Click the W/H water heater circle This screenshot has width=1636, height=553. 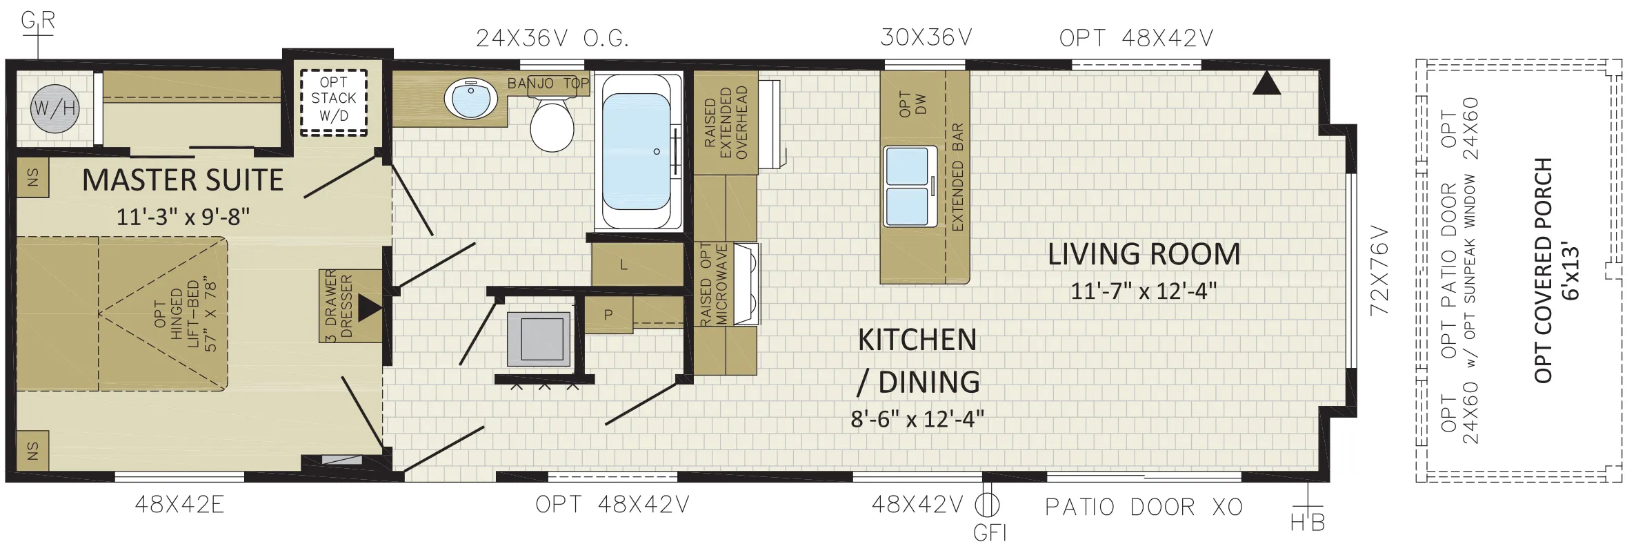point(54,108)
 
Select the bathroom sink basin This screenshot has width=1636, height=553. point(471,97)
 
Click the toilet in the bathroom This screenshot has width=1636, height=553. point(552,122)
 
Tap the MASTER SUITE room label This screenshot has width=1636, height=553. point(183,180)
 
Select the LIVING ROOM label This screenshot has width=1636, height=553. point(1144,254)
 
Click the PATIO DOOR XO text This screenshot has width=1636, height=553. point(1144,507)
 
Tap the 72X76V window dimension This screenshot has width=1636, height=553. point(1379,269)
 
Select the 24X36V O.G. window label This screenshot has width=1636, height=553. point(552,39)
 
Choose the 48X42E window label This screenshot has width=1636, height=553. point(179,506)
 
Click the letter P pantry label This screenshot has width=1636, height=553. point(608,315)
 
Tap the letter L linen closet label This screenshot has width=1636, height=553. point(624,264)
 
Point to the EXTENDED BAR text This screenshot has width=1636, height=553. point(957,178)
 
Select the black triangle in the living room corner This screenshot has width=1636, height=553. point(1266,84)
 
